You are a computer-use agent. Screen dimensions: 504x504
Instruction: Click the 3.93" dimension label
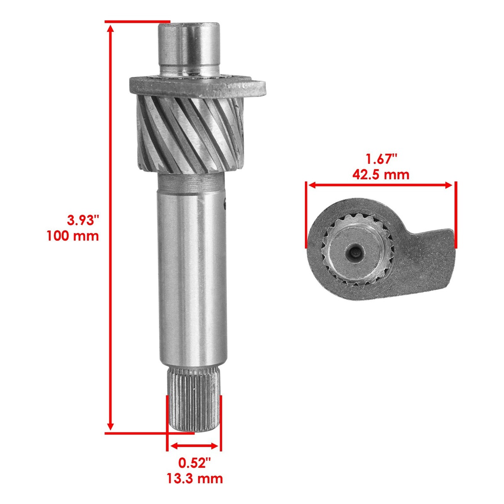pos(83,220)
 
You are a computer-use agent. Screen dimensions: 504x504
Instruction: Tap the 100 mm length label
pos(73,236)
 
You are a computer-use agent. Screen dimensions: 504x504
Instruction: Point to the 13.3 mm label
pos(194,478)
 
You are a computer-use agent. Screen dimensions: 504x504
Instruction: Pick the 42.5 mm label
pos(381,174)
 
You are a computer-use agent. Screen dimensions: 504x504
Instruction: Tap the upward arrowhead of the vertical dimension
pos(110,29)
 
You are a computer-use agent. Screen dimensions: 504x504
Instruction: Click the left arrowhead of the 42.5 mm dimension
pos(312,185)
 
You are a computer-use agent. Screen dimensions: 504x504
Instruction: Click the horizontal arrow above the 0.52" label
pos(194,446)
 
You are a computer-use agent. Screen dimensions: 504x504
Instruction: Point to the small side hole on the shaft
pos(225,205)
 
